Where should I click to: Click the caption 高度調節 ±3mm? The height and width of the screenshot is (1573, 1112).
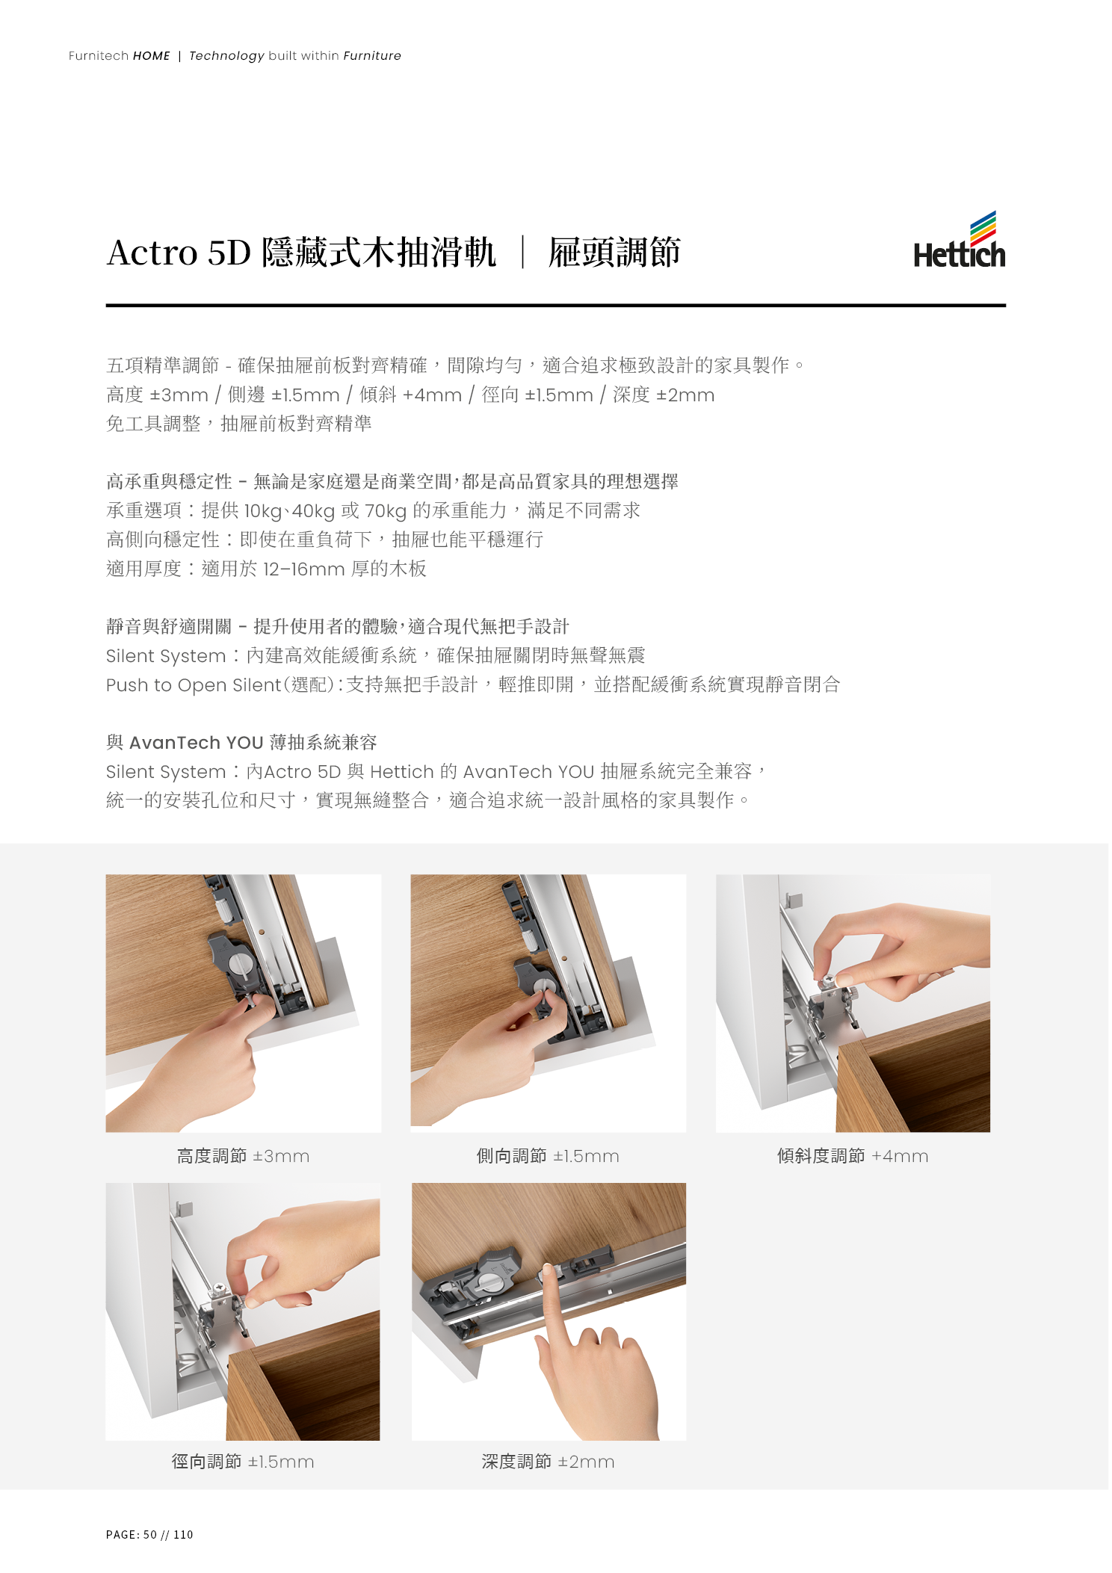point(243,1156)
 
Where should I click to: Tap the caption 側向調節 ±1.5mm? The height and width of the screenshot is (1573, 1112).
point(548,1156)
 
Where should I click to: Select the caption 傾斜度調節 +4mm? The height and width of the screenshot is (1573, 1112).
point(853,1156)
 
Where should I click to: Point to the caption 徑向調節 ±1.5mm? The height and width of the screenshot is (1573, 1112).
point(243,1461)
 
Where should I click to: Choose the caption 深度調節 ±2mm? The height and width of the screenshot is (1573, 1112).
point(548,1461)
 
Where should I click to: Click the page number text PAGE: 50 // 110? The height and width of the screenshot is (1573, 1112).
point(149,1534)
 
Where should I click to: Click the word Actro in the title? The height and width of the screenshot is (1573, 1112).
point(152,253)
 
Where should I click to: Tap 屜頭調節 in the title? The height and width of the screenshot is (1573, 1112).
point(614,253)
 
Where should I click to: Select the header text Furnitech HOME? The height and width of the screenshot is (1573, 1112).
point(120,56)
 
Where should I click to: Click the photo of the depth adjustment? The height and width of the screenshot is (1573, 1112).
point(549,1311)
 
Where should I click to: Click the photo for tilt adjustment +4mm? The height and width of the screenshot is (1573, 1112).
point(853,1004)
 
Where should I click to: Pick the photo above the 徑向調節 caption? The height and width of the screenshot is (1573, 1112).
point(243,1311)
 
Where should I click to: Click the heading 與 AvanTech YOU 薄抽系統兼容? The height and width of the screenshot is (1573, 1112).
point(241,742)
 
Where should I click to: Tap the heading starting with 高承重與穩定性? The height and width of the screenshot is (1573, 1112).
point(392,481)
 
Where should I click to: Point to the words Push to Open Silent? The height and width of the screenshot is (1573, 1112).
point(194,685)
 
